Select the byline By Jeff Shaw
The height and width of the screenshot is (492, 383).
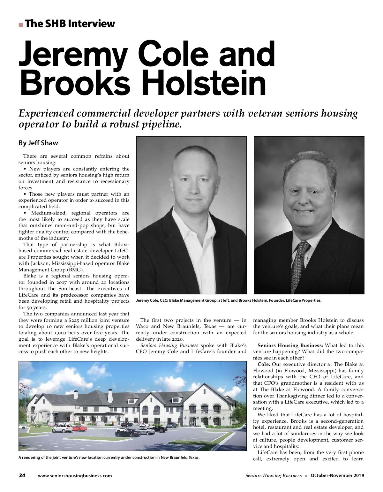click(x=38, y=143)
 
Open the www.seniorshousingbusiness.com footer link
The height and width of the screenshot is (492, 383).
click(x=75, y=476)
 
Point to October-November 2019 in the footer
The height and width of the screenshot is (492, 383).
click(x=337, y=475)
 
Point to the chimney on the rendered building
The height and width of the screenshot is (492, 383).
click(x=110, y=396)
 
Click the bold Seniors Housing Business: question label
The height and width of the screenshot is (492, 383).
click(x=290, y=345)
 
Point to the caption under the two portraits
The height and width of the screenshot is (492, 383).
click(x=229, y=300)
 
